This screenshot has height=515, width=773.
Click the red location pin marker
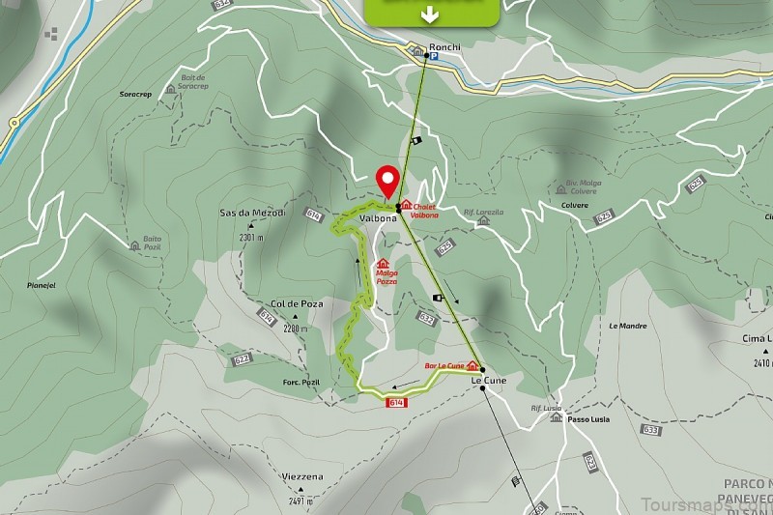click(388, 181)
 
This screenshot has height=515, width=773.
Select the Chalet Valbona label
click(424, 210)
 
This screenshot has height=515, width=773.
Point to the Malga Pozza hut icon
click(383, 263)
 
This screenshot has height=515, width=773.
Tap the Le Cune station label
click(488, 381)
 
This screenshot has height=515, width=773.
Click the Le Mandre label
click(627, 326)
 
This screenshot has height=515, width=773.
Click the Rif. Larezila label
click(483, 211)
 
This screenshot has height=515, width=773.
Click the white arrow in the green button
click(431, 14)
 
